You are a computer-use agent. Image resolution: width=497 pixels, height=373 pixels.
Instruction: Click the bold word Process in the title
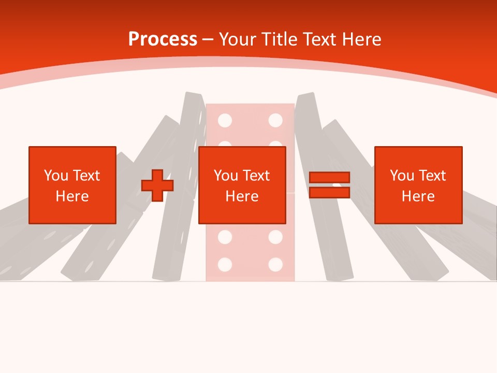(163, 39)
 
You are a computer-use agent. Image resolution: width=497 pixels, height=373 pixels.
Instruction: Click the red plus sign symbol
(157, 185)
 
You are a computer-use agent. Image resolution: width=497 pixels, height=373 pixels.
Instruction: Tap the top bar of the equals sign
(329, 177)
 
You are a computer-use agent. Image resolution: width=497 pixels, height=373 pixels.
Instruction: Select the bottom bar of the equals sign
(329, 193)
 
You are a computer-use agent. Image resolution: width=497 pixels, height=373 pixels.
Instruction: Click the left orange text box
(72, 185)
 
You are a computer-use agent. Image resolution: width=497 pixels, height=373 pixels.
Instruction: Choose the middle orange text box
(242, 185)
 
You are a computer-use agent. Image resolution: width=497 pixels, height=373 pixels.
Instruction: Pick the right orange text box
(418, 185)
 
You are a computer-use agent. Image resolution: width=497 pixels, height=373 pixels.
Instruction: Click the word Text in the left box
(86, 176)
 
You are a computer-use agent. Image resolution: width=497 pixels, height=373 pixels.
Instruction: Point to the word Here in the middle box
(242, 196)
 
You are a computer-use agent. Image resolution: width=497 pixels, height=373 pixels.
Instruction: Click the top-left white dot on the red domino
(225, 121)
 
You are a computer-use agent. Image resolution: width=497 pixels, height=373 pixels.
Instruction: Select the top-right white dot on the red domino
(275, 121)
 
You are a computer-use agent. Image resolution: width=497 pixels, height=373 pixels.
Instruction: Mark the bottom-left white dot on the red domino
(225, 265)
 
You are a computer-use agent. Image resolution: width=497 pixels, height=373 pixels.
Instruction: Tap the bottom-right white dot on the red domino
(275, 265)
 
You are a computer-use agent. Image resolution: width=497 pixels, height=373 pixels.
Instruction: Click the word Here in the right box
(418, 196)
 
